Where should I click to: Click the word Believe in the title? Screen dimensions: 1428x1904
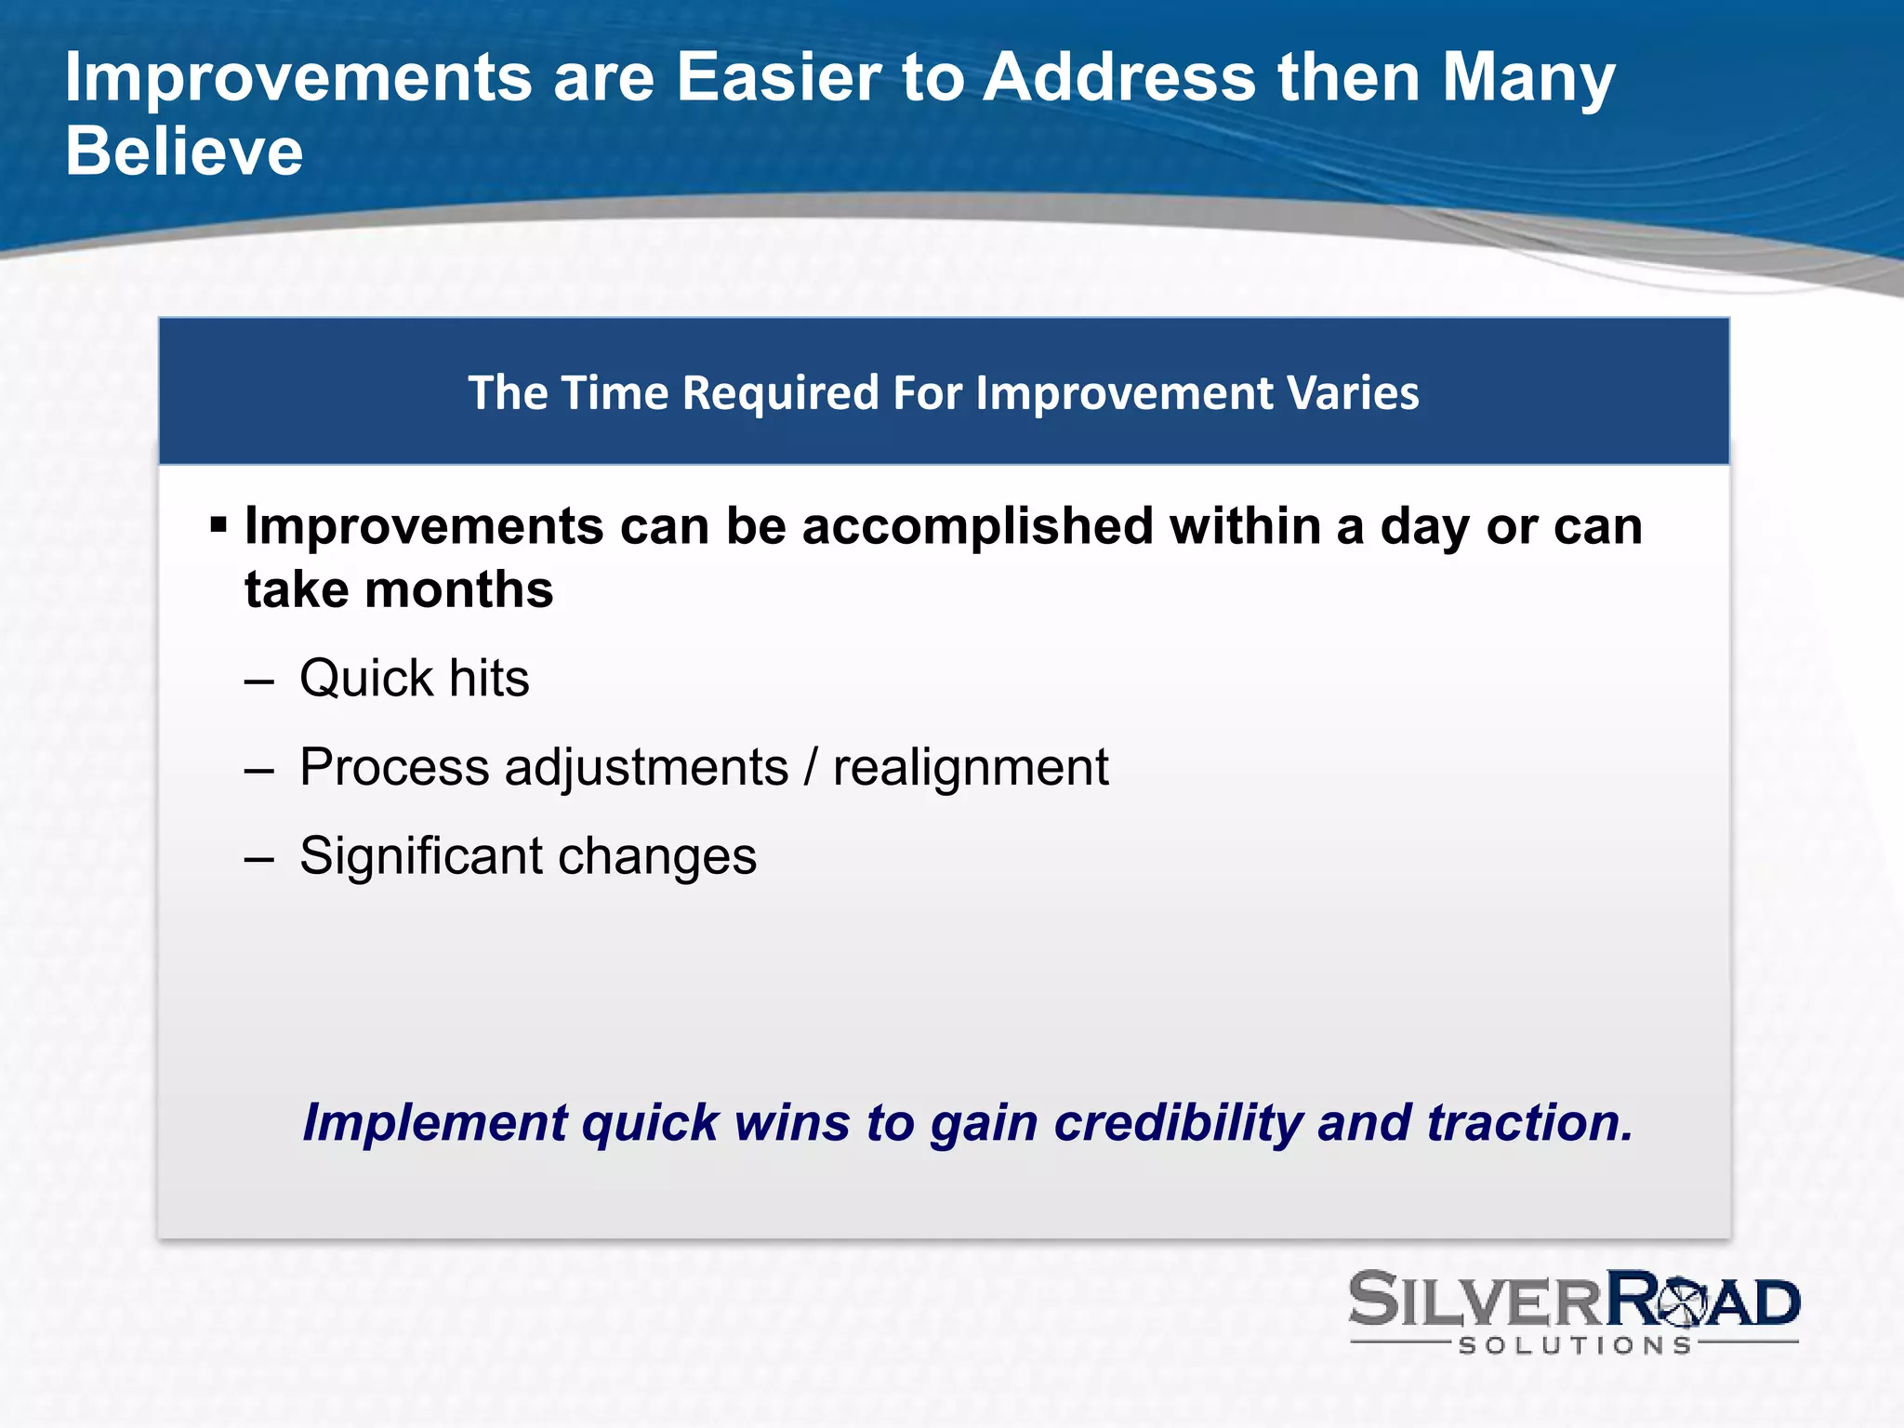click(184, 152)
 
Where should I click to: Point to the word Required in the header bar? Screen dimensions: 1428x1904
click(781, 392)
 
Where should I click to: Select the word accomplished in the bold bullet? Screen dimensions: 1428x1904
click(977, 526)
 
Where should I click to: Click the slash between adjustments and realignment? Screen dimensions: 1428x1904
click(811, 768)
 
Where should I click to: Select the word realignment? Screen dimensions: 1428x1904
click(971, 768)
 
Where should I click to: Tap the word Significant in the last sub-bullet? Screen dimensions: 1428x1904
click(421, 855)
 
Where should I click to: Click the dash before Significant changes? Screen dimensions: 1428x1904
click(259, 858)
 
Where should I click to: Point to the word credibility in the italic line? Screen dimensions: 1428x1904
click(1177, 1122)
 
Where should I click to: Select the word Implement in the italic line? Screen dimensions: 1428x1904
click(434, 1122)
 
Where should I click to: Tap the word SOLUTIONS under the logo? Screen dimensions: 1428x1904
click(1575, 1345)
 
